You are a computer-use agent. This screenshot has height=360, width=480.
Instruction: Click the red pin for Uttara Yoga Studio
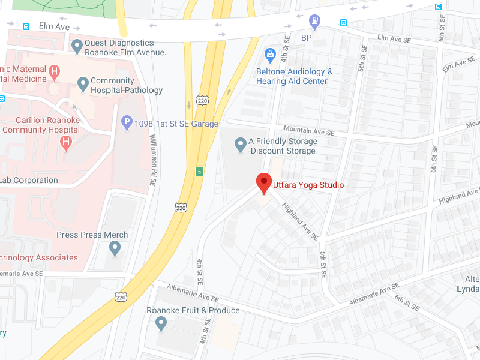pos(264,182)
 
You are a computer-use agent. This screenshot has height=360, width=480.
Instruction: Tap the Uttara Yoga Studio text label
pos(308,185)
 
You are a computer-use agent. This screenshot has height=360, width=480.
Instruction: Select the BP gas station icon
pos(314,22)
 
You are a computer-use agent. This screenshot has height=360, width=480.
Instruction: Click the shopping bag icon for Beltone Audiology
pos(270,56)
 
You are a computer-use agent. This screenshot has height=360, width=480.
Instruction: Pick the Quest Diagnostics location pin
pos(77,46)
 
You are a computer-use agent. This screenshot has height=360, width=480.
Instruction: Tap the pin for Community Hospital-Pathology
pos(82,83)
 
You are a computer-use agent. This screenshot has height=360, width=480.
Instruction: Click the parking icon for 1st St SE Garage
pos(127,123)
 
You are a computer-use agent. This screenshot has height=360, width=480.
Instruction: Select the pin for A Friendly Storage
pos(240,144)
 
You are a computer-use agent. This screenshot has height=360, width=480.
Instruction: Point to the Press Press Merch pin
pos(115,247)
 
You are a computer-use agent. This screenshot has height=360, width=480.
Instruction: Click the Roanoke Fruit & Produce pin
pos(160,324)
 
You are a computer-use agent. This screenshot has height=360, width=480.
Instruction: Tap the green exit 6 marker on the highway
pos(199,172)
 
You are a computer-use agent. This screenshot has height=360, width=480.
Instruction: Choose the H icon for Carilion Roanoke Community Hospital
pos(67,143)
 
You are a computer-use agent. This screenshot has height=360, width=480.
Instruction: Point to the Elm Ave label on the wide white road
pos(55,26)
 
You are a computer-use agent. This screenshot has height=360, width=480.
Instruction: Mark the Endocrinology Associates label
pos(39,257)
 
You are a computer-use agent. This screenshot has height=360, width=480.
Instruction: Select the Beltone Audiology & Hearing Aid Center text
pos(294,76)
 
